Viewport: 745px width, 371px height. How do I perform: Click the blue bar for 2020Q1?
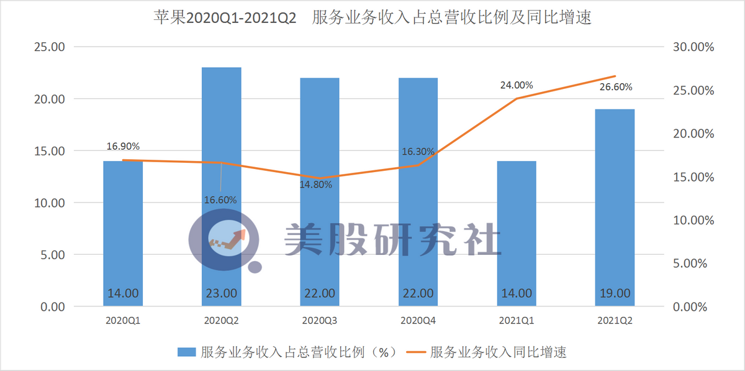tap(123, 233)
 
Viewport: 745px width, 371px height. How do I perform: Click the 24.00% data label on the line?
tap(517, 86)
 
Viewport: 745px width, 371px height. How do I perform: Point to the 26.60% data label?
tap(616, 87)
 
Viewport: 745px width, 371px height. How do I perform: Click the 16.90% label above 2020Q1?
tap(123, 147)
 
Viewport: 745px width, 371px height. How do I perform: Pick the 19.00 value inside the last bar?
tap(615, 293)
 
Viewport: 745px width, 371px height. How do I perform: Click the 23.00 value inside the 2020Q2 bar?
tap(221, 293)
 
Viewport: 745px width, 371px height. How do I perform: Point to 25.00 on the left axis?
tap(48, 47)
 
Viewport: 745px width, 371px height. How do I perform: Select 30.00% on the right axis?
tap(690, 47)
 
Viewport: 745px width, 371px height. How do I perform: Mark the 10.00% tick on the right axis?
tap(690, 221)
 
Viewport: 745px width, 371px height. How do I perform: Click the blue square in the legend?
tap(187, 352)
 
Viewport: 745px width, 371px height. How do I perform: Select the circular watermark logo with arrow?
tap(223, 239)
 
